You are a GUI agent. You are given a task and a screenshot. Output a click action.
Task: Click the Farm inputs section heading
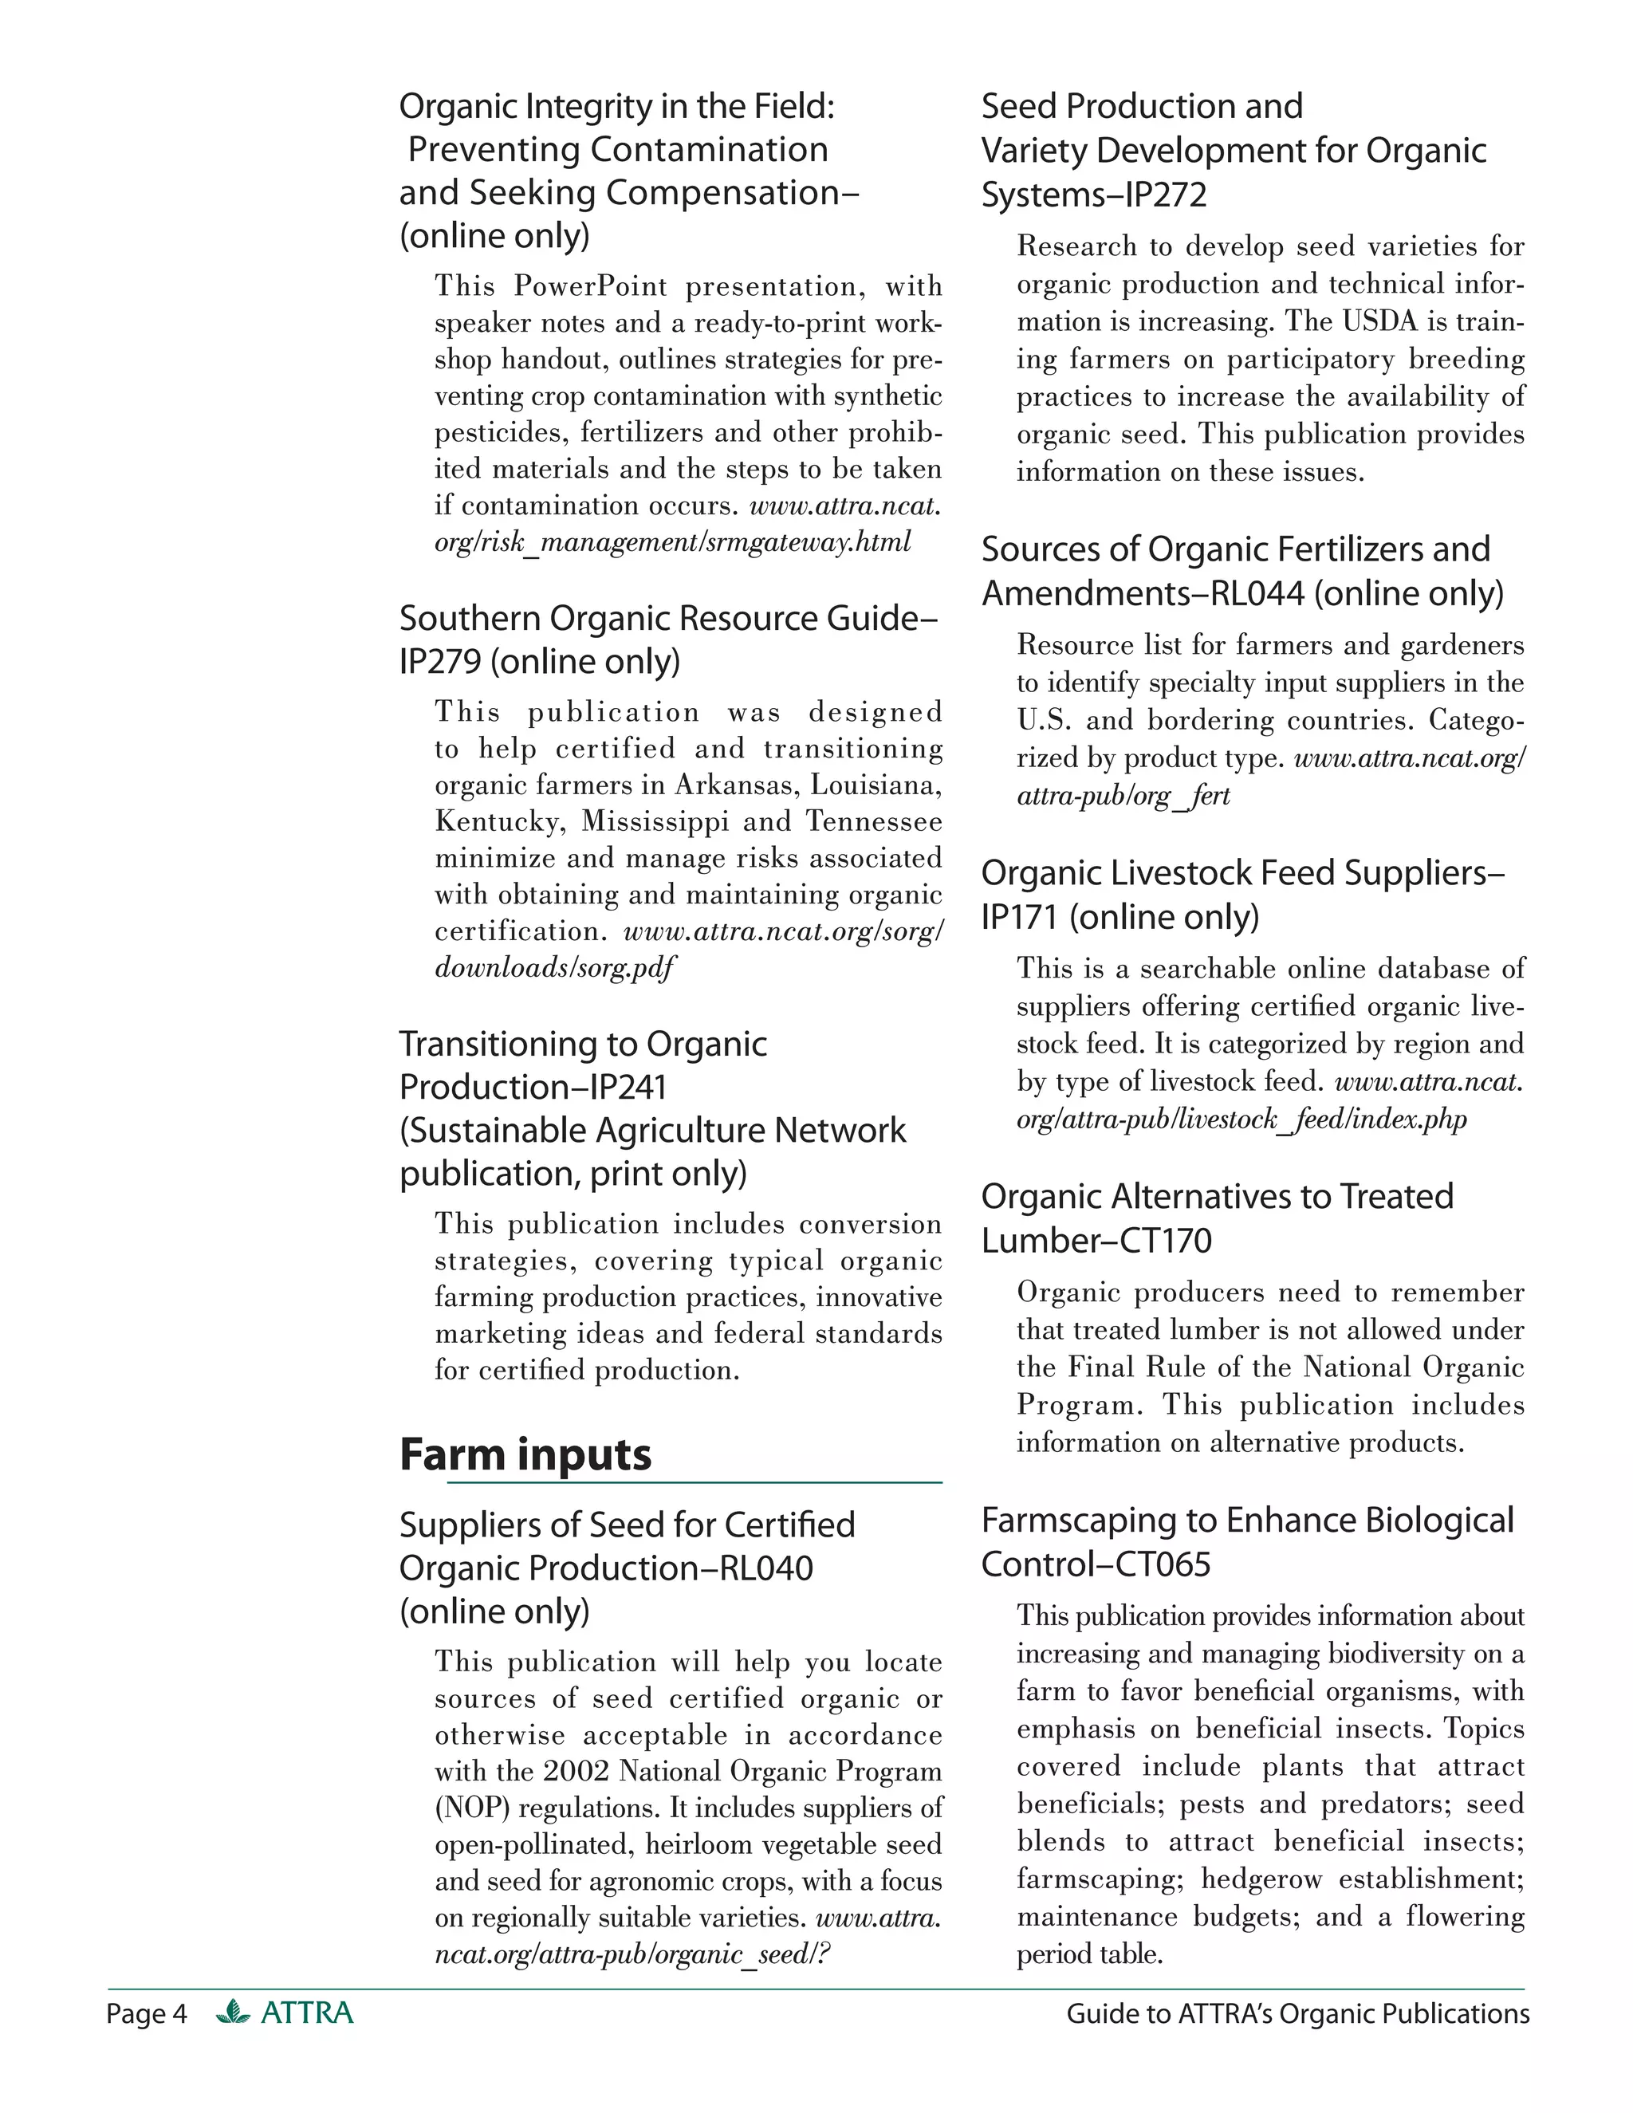pos(525,1454)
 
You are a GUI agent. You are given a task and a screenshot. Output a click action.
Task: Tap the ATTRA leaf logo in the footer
pos(233,2013)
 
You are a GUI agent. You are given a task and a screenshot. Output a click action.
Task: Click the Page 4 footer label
pos(146,2013)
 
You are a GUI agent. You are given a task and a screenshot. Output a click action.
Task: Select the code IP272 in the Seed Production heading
pos(1166,195)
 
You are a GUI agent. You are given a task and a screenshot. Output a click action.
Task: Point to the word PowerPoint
pos(590,286)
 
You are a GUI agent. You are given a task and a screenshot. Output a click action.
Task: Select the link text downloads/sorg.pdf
pos(554,967)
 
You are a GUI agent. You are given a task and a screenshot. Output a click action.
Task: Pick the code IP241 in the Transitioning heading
pos(628,1088)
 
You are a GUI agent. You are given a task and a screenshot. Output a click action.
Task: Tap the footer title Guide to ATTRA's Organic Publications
pos(1297,2013)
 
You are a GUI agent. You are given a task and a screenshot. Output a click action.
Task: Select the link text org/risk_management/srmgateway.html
pos(672,543)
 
